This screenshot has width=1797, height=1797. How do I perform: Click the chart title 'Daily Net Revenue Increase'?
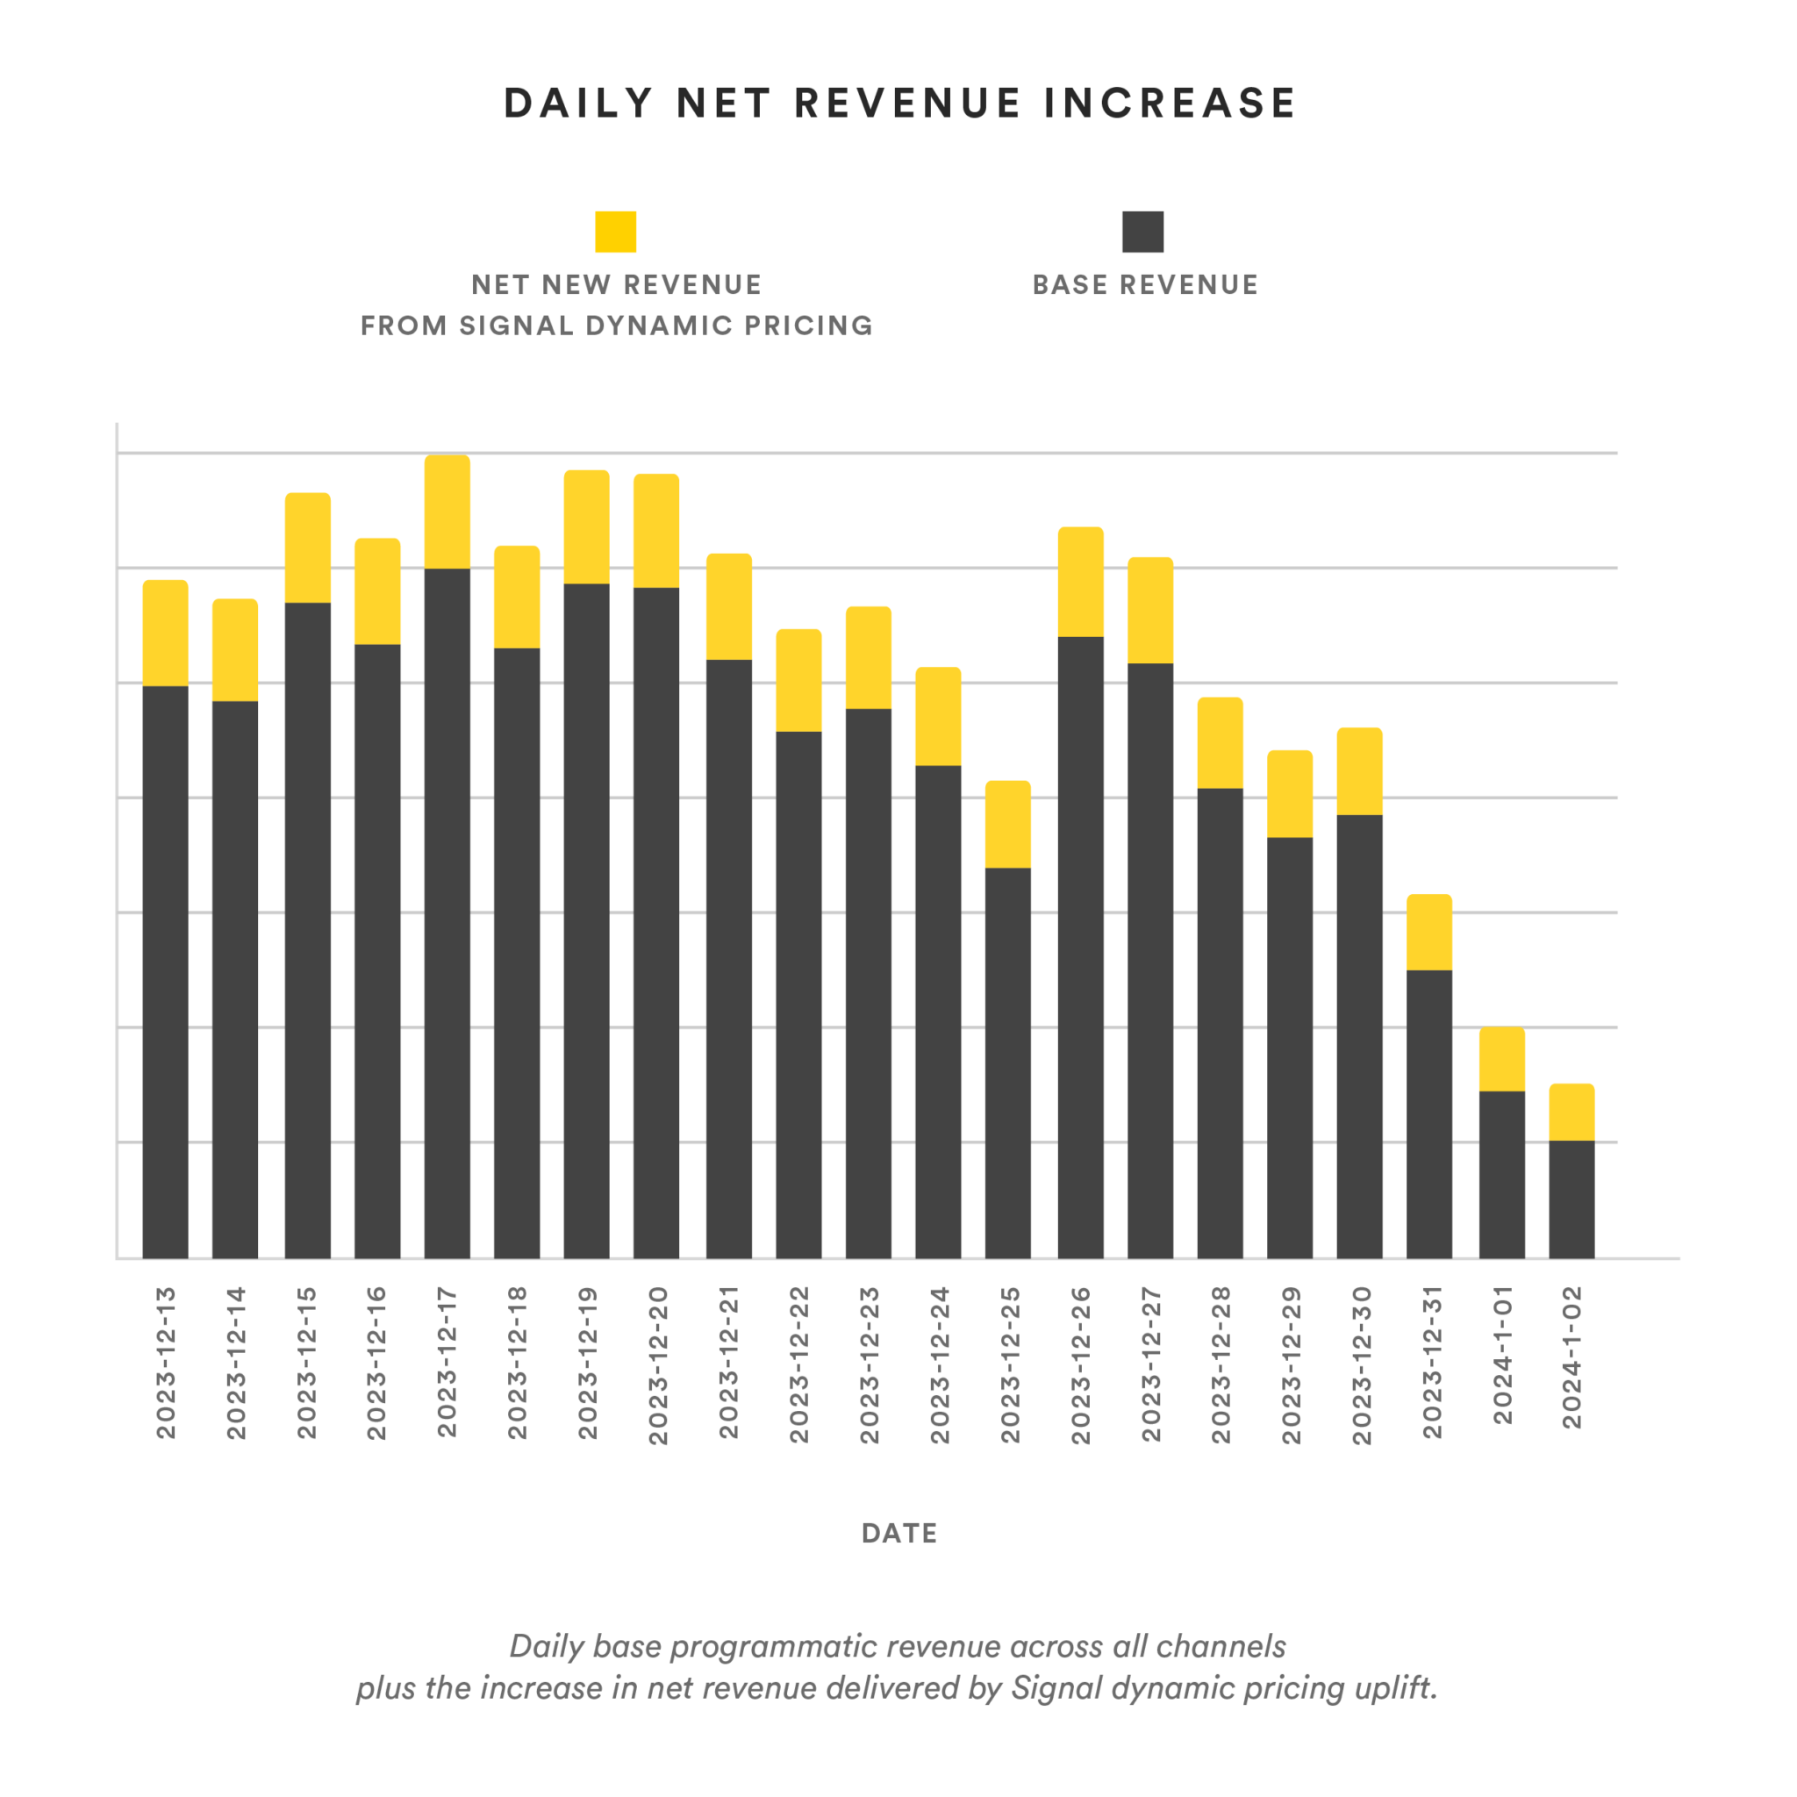tap(898, 104)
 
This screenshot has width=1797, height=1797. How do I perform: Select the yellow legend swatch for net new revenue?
tap(616, 232)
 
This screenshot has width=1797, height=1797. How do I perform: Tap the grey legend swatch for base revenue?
tap(1142, 232)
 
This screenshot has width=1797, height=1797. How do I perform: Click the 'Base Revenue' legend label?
tap(1145, 284)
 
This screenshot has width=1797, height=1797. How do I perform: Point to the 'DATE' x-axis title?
tap(898, 1533)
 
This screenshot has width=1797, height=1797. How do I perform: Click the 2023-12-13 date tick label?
tap(167, 1363)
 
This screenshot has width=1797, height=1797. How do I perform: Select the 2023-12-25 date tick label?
tap(1010, 1364)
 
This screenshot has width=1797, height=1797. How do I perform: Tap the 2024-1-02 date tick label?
tap(1571, 1357)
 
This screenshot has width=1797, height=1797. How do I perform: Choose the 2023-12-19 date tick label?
tap(588, 1363)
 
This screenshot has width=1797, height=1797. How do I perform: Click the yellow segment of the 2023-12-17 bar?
tap(447, 512)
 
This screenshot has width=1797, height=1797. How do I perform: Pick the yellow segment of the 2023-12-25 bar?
tap(1008, 824)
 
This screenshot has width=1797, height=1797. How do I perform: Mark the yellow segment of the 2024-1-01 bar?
tap(1502, 1058)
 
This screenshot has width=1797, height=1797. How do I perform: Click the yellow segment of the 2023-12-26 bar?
tap(1081, 583)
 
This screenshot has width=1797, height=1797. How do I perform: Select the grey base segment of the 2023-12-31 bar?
tap(1429, 1113)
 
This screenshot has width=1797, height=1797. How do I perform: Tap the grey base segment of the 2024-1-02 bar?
tap(1571, 1199)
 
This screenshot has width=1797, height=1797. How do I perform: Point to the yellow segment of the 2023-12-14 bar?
tap(235, 649)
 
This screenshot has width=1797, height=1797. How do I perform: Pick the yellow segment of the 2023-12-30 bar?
tap(1360, 771)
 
